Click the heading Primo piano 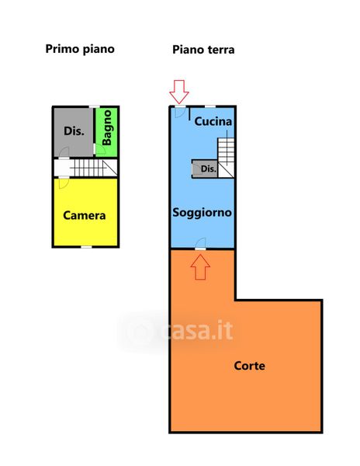click(80, 50)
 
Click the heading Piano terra click(203, 50)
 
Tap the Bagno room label click(106, 128)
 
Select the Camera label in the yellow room click(85, 215)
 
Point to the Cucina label click(213, 121)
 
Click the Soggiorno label click(202, 212)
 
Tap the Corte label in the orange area click(249, 366)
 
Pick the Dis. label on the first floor click(74, 130)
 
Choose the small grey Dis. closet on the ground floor click(205, 169)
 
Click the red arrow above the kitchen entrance click(179, 92)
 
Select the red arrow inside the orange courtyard click(200, 267)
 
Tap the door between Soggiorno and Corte click(201, 244)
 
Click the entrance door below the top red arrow click(180, 111)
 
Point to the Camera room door click(64, 183)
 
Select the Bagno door click(99, 149)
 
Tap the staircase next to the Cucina click(226, 158)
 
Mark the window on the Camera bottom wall click(86, 247)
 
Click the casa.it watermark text click(197, 330)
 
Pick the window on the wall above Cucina click(210, 106)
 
